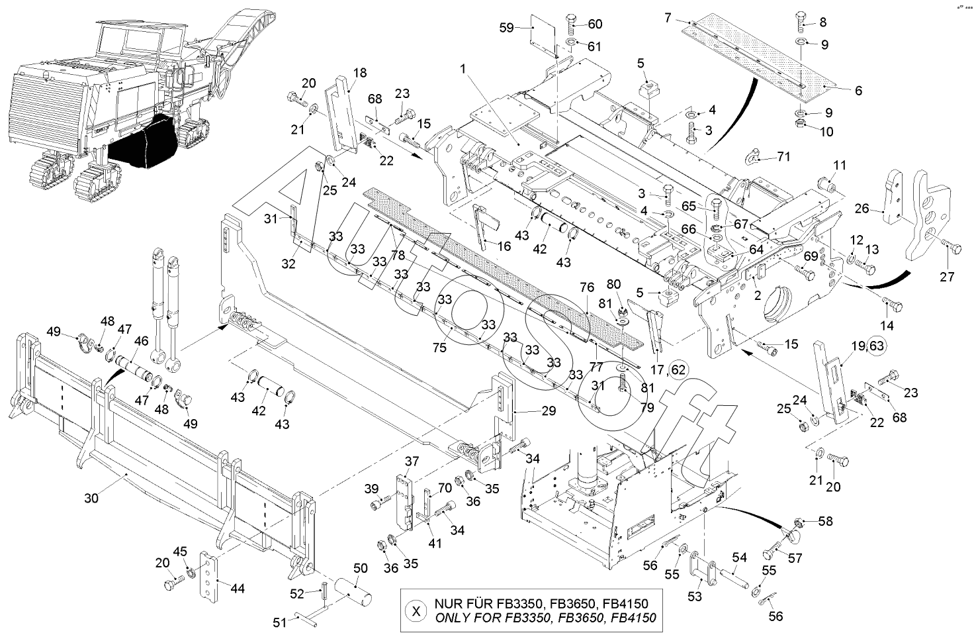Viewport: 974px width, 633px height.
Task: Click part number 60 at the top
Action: coord(595,24)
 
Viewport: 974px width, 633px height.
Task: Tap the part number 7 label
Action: coord(669,17)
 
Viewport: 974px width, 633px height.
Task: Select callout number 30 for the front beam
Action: coord(91,498)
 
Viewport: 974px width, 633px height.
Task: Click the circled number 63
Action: coord(876,345)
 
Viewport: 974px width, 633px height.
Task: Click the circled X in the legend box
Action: coord(416,610)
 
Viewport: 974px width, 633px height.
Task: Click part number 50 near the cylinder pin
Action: coord(360,568)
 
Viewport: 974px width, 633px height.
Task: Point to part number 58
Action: coord(825,521)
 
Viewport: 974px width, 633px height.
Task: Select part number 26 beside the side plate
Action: coord(861,209)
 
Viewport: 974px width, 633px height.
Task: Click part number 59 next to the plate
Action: coord(506,28)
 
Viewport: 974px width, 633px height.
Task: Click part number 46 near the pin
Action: coord(141,340)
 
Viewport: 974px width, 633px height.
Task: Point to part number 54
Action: coord(739,558)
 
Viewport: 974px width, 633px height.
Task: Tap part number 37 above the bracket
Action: coord(412,461)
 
